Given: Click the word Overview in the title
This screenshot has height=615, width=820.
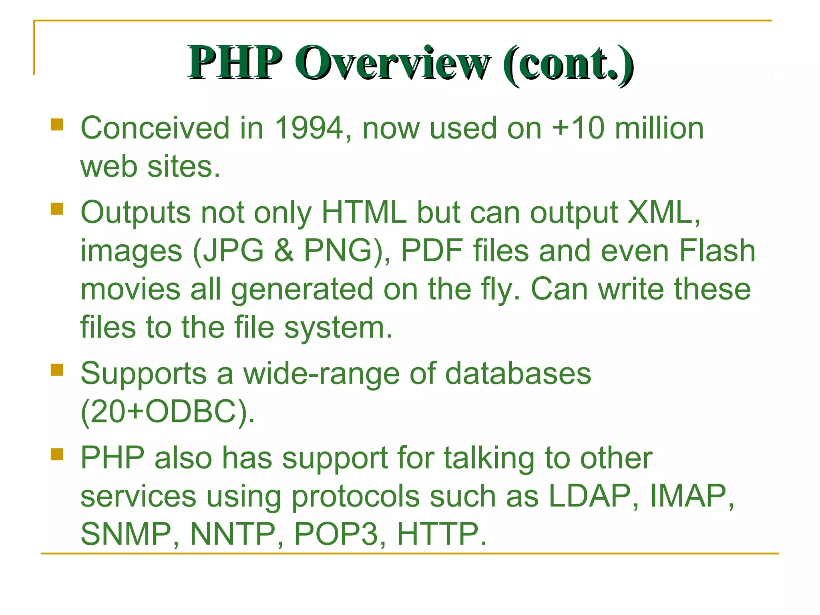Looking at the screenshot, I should click(x=392, y=63).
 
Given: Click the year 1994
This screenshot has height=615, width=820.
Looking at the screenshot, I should click(x=309, y=129).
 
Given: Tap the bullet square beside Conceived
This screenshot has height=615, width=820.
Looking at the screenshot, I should click(x=57, y=125).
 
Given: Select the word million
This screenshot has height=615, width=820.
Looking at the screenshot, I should click(x=659, y=129).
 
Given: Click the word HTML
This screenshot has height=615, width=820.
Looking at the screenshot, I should click(x=364, y=213).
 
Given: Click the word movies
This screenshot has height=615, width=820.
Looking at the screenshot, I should click(x=131, y=289).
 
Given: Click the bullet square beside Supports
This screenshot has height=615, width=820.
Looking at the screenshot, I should click(x=57, y=370).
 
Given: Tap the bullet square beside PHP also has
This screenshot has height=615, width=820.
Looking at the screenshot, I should click(x=57, y=454).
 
